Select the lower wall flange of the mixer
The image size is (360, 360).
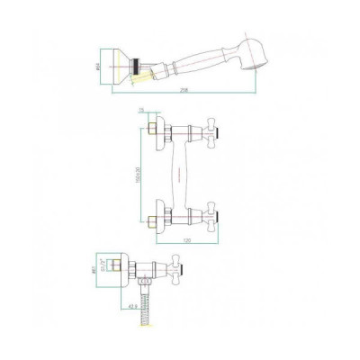click(157, 217)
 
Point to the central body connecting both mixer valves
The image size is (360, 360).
click(184, 172)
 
